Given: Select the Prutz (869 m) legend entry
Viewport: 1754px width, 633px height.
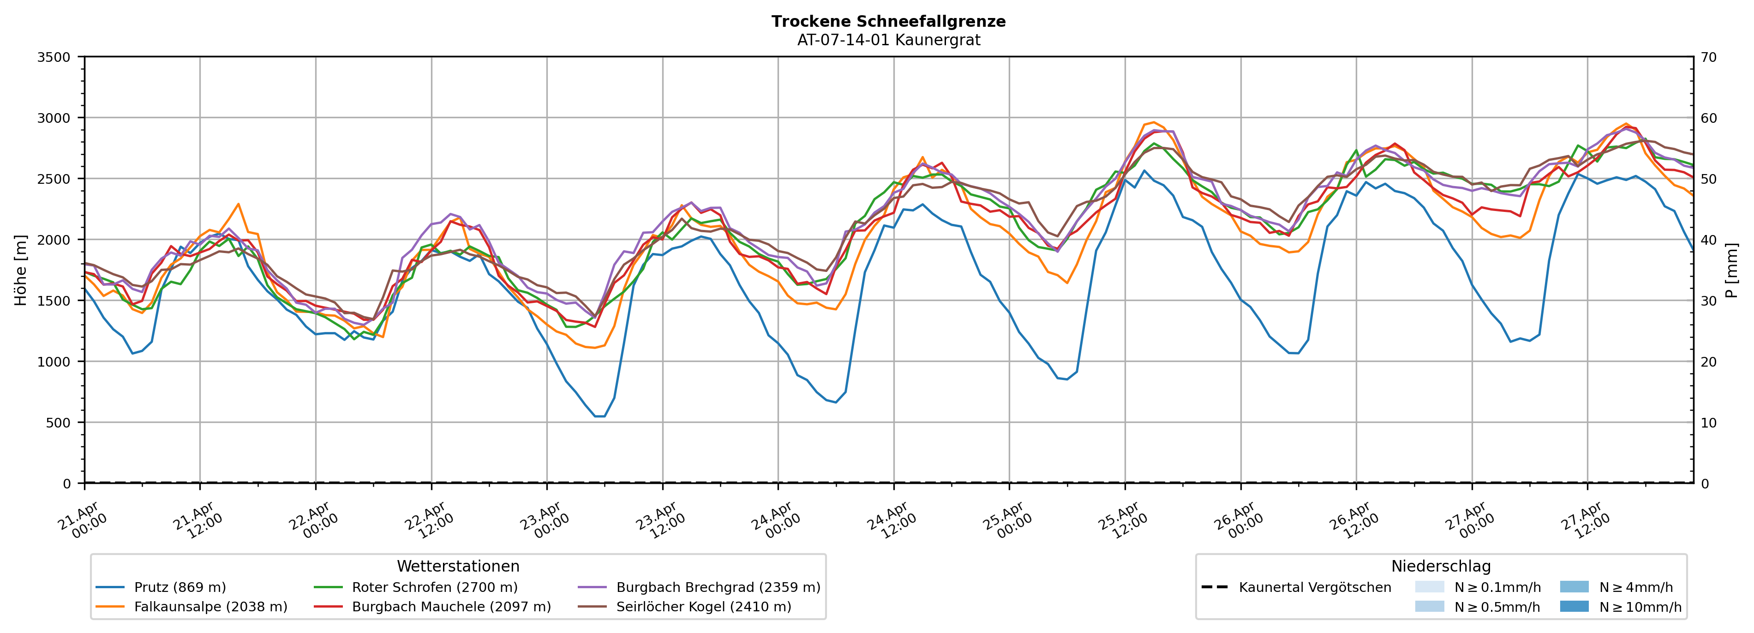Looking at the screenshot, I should point(180,587).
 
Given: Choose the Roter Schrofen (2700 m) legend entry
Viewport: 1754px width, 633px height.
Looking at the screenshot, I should point(434,587).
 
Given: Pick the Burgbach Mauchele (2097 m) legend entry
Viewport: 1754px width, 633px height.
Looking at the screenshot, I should point(451,606).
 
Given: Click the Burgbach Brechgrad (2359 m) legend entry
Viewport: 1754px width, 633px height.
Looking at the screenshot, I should point(718,587).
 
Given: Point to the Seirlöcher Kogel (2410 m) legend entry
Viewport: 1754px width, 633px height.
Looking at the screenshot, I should point(703,606).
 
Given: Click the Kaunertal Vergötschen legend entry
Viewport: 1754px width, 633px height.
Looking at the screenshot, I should point(1315,587).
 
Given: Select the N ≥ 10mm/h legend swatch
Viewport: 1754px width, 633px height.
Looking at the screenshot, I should point(1574,606).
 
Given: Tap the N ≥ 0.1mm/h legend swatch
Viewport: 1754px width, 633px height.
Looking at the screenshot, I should point(1429,587).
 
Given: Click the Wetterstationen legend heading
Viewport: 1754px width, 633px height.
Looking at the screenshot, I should point(458,566).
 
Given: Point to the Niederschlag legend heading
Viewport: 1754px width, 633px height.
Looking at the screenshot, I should point(1441,566).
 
